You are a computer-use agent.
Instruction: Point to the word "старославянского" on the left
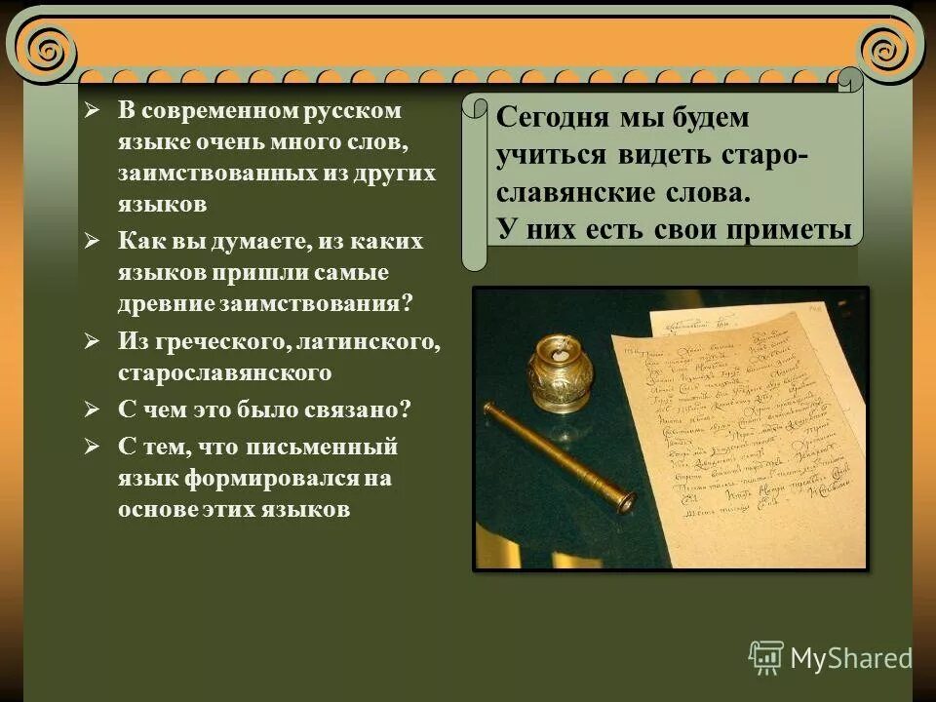point(225,372)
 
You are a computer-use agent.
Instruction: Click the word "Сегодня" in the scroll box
point(550,119)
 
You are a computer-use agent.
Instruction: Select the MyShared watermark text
point(851,658)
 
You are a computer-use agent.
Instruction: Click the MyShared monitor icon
point(766,658)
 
